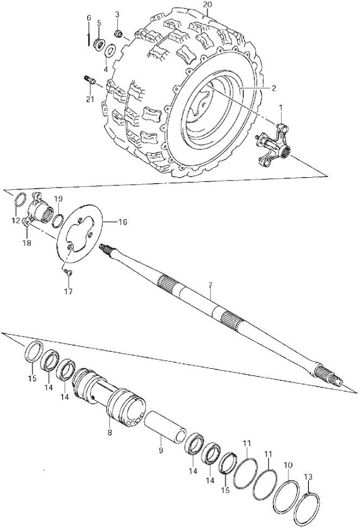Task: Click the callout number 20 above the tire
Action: [x=208, y=5]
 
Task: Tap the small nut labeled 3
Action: [x=118, y=33]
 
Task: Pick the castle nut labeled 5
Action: [x=99, y=44]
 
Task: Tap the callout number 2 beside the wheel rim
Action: [x=274, y=88]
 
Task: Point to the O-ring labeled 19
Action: [x=58, y=220]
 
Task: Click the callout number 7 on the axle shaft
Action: [x=210, y=285]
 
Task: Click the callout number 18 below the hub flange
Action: [x=26, y=243]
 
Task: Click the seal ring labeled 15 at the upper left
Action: [x=34, y=351]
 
